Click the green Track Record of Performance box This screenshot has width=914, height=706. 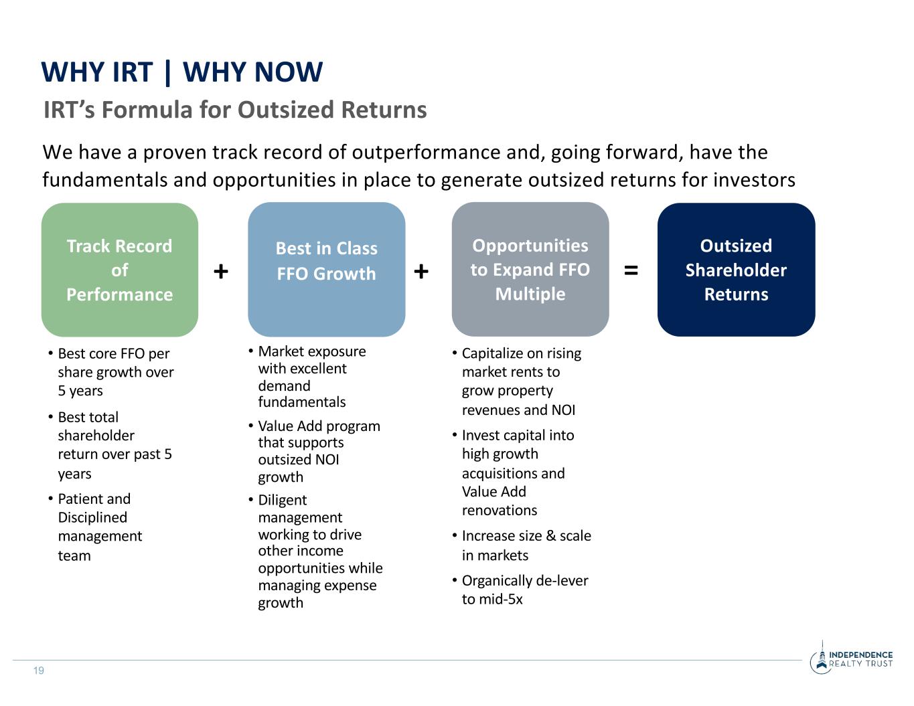point(120,270)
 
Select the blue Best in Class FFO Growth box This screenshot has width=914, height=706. point(326,270)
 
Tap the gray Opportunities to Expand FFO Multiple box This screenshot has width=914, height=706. point(530,270)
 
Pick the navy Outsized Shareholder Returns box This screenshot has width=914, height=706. point(736,270)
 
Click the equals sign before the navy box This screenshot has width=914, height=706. point(631,270)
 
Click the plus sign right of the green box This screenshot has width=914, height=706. point(221,271)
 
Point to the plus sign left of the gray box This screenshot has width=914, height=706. point(421,271)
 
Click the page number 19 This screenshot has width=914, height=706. point(39,671)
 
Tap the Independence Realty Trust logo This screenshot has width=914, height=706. point(851,658)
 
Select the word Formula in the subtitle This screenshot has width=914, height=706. point(147,110)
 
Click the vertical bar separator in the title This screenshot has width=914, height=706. point(168,73)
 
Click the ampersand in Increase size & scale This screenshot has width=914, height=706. point(550,536)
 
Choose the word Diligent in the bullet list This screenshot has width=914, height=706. point(282,500)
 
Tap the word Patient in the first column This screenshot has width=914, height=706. point(78,499)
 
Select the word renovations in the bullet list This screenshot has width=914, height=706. point(500,510)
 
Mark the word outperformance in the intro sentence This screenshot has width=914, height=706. point(426,153)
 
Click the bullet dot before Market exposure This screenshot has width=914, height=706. point(250,350)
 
